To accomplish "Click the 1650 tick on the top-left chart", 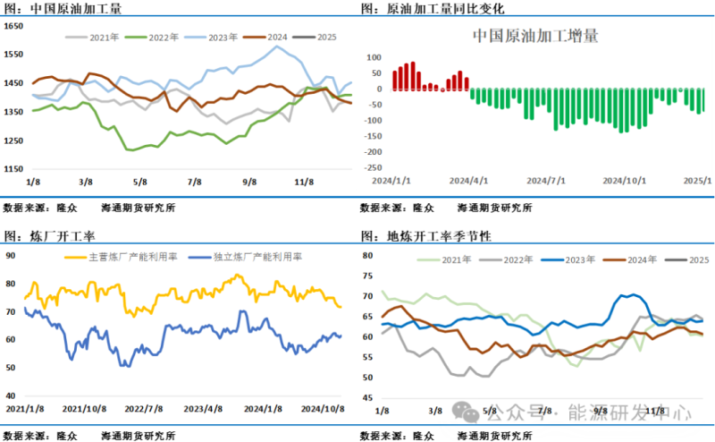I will click(x=13, y=26).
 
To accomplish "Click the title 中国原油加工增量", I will click(x=534, y=37).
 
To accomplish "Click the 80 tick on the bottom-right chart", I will click(x=367, y=256).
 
